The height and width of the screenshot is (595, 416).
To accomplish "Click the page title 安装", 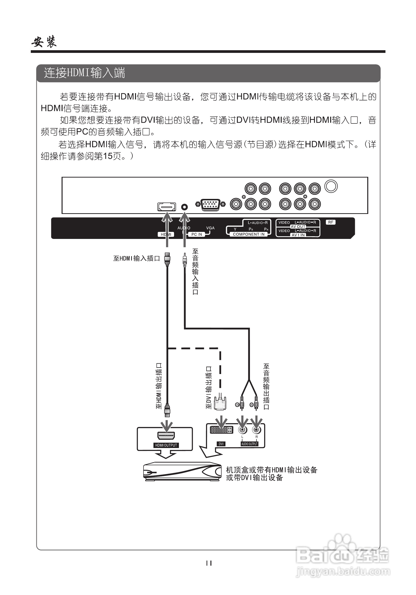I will click(x=44, y=42).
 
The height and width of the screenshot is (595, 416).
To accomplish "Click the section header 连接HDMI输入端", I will click(x=84, y=73).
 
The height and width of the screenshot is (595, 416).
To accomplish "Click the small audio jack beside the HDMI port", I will click(x=184, y=207).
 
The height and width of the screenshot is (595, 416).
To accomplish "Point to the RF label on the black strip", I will click(x=330, y=222).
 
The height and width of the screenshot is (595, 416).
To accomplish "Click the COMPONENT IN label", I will click(x=249, y=234).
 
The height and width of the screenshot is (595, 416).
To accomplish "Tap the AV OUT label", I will click(x=298, y=227).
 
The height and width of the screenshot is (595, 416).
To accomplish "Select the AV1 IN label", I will click(x=298, y=235).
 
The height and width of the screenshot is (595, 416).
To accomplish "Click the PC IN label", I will click(x=197, y=234).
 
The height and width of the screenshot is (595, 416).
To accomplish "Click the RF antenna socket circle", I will click(x=331, y=186).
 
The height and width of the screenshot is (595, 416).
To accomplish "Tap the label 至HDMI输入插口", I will click(x=136, y=258).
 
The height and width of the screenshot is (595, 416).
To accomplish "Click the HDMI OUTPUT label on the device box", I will click(x=166, y=445).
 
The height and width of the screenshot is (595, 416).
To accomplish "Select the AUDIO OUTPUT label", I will click(x=249, y=444).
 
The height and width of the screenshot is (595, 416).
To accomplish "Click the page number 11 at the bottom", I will click(x=209, y=563).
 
